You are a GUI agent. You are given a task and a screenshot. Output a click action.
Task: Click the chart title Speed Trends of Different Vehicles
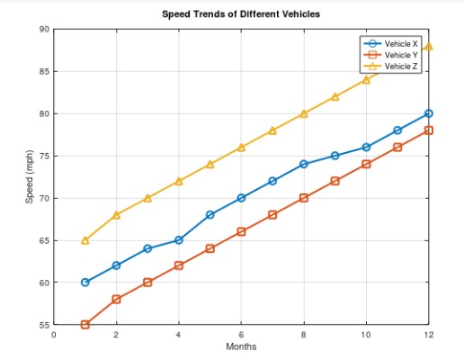[x=240, y=14]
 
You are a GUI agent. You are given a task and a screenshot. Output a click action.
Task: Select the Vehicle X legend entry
[x=401, y=43]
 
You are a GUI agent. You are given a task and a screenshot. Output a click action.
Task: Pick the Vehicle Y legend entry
[x=401, y=55]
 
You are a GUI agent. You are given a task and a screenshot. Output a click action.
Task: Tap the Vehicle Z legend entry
[x=401, y=67]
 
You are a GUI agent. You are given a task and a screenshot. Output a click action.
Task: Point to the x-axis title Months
[x=241, y=347]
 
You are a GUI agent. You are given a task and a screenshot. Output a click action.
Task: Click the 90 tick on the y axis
[x=44, y=30]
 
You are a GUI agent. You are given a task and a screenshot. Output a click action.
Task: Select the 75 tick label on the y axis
[x=44, y=156]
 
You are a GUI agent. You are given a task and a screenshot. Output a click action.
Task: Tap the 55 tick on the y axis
[x=44, y=325]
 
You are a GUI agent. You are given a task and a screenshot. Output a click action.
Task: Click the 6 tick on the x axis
[x=241, y=335]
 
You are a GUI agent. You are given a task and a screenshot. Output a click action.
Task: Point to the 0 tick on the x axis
[x=54, y=335]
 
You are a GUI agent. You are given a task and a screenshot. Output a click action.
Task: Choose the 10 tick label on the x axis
[x=366, y=335]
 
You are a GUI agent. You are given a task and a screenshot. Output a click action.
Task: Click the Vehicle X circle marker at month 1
[x=85, y=283]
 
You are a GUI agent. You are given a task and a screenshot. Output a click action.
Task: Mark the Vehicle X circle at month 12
[x=429, y=113]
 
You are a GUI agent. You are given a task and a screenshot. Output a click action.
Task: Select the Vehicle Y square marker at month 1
[x=85, y=325]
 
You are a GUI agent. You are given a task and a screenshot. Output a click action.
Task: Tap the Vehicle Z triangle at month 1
[x=85, y=240]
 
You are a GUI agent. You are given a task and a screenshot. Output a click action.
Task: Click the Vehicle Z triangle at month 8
[x=304, y=113]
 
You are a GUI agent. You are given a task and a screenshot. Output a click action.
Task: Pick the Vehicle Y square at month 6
[x=241, y=231]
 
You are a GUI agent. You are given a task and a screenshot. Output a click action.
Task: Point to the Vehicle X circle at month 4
[x=179, y=240]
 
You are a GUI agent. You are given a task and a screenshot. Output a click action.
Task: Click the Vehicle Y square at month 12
[x=429, y=130]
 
